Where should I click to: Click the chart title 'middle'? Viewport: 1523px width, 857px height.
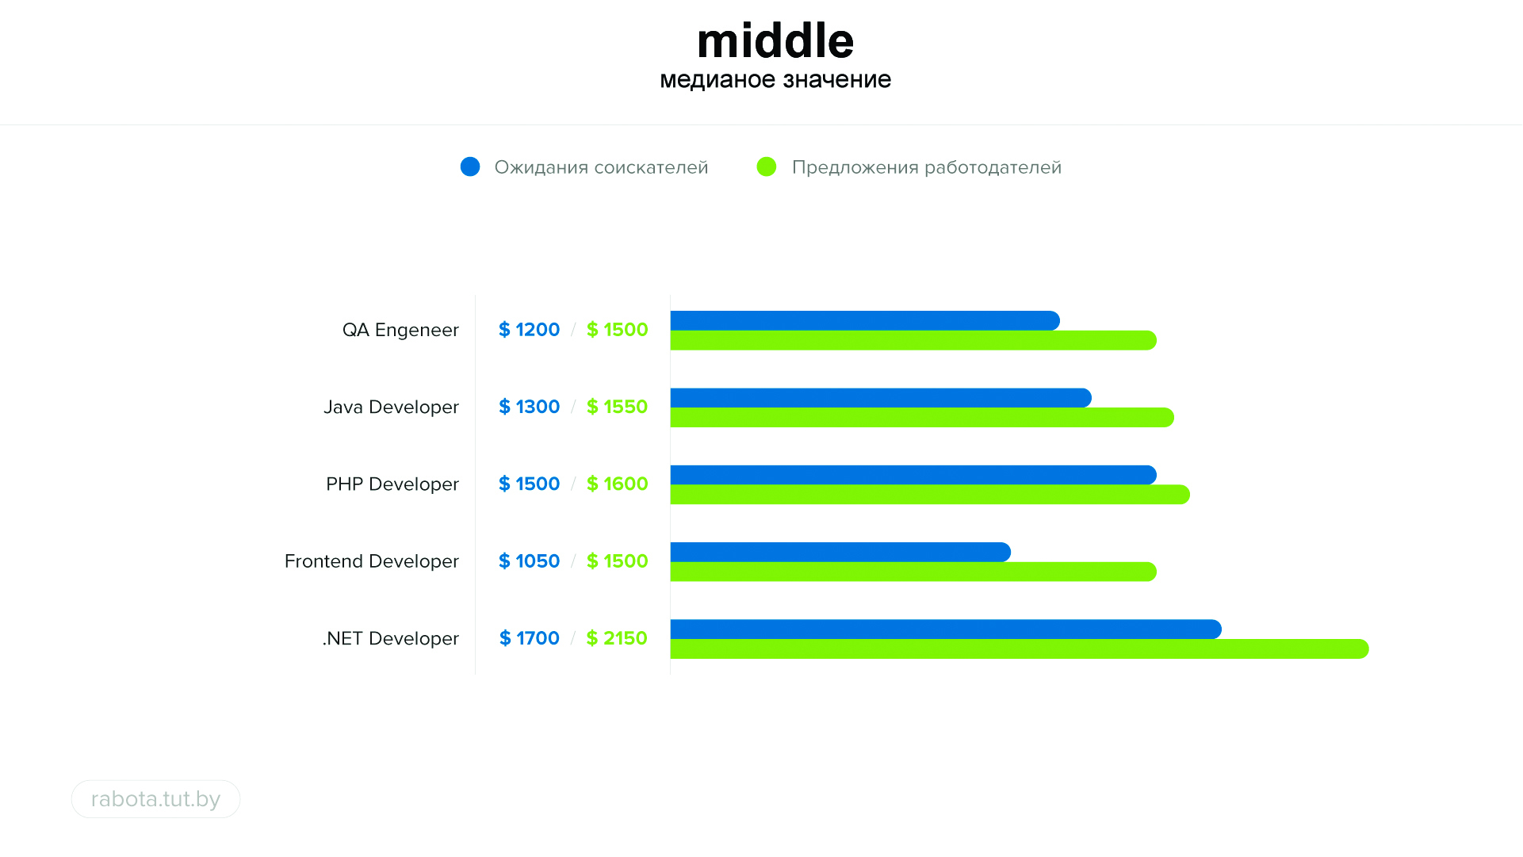[x=775, y=41]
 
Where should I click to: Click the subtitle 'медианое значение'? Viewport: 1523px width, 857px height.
[x=775, y=79]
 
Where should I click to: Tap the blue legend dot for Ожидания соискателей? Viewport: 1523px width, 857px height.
[x=470, y=166]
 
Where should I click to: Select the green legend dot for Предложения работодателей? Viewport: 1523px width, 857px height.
[x=767, y=166]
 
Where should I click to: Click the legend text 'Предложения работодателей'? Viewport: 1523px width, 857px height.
[x=926, y=167]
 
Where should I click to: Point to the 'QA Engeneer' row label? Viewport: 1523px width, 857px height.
[x=400, y=330]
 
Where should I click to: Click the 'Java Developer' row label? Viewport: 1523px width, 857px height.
[x=391, y=407]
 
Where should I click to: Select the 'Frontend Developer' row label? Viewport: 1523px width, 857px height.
[x=371, y=561]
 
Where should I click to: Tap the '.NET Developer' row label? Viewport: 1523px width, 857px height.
[x=390, y=638]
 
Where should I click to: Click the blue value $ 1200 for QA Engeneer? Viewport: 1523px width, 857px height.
[x=529, y=330]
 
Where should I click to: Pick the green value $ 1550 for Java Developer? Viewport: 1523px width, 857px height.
[x=617, y=407]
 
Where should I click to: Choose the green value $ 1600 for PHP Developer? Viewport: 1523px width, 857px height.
[x=617, y=484]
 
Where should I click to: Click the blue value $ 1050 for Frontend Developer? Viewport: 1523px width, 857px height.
[x=529, y=561]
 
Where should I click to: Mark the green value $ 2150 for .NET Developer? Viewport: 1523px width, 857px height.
[x=617, y=638]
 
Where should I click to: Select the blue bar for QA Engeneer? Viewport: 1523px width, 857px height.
[x=864, y=320]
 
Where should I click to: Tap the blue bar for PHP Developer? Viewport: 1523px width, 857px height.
[x=913, y=475]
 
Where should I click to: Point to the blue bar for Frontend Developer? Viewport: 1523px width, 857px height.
[x=840, y=552]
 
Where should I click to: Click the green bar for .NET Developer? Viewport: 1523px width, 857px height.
[x=1019, y=649]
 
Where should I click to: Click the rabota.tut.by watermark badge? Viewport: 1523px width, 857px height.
[x=155, y=799]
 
